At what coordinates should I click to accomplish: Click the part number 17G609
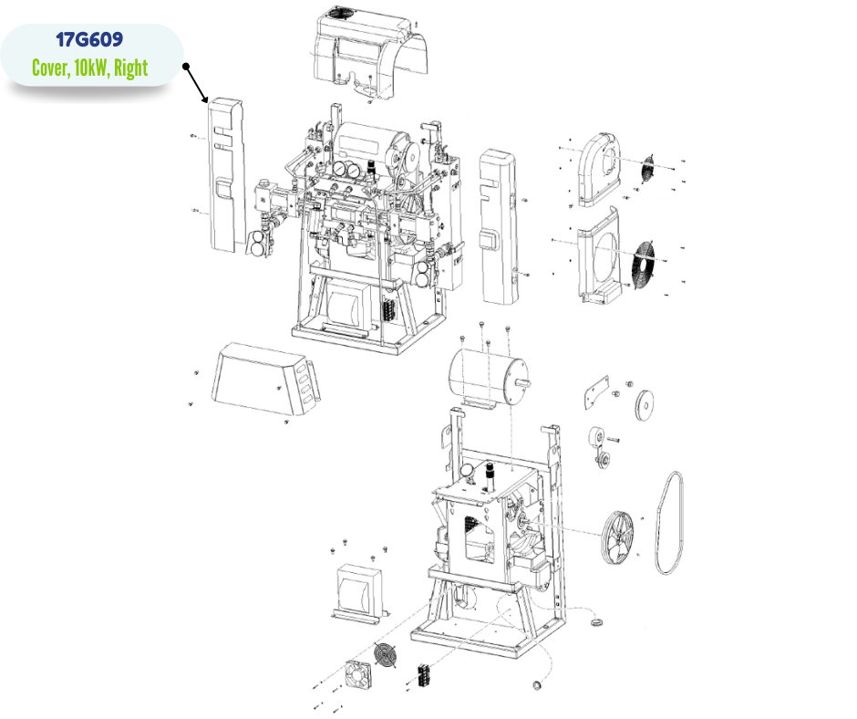pos(89,40)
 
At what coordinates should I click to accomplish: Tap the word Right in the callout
pos(130,68)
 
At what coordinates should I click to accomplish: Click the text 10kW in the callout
pos(91,68)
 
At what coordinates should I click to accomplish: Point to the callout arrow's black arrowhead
pos(204,99)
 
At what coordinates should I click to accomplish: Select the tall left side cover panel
pos(226,174)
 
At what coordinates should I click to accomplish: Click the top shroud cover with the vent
pos(369,52)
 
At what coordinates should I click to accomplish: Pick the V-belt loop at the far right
pos(669,523)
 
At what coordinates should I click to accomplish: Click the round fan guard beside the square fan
pos(386,654)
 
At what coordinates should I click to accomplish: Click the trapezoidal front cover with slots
pos(265,379)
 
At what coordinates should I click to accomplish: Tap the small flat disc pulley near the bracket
pos(645,405)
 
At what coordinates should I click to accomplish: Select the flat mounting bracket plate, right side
pos(595,391)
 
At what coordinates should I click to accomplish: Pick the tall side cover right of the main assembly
pos(498,227)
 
